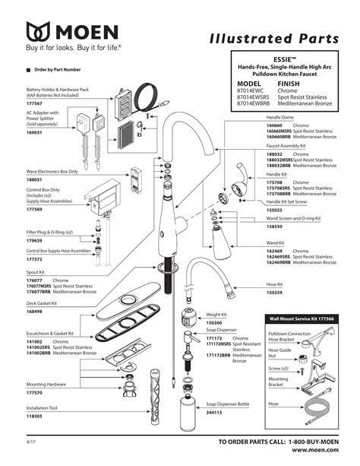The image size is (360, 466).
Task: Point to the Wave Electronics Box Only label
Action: [x=52, y=171]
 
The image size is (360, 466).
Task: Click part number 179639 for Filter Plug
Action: [x=35, y=240]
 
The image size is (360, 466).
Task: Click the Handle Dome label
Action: [x=279, y=117]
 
